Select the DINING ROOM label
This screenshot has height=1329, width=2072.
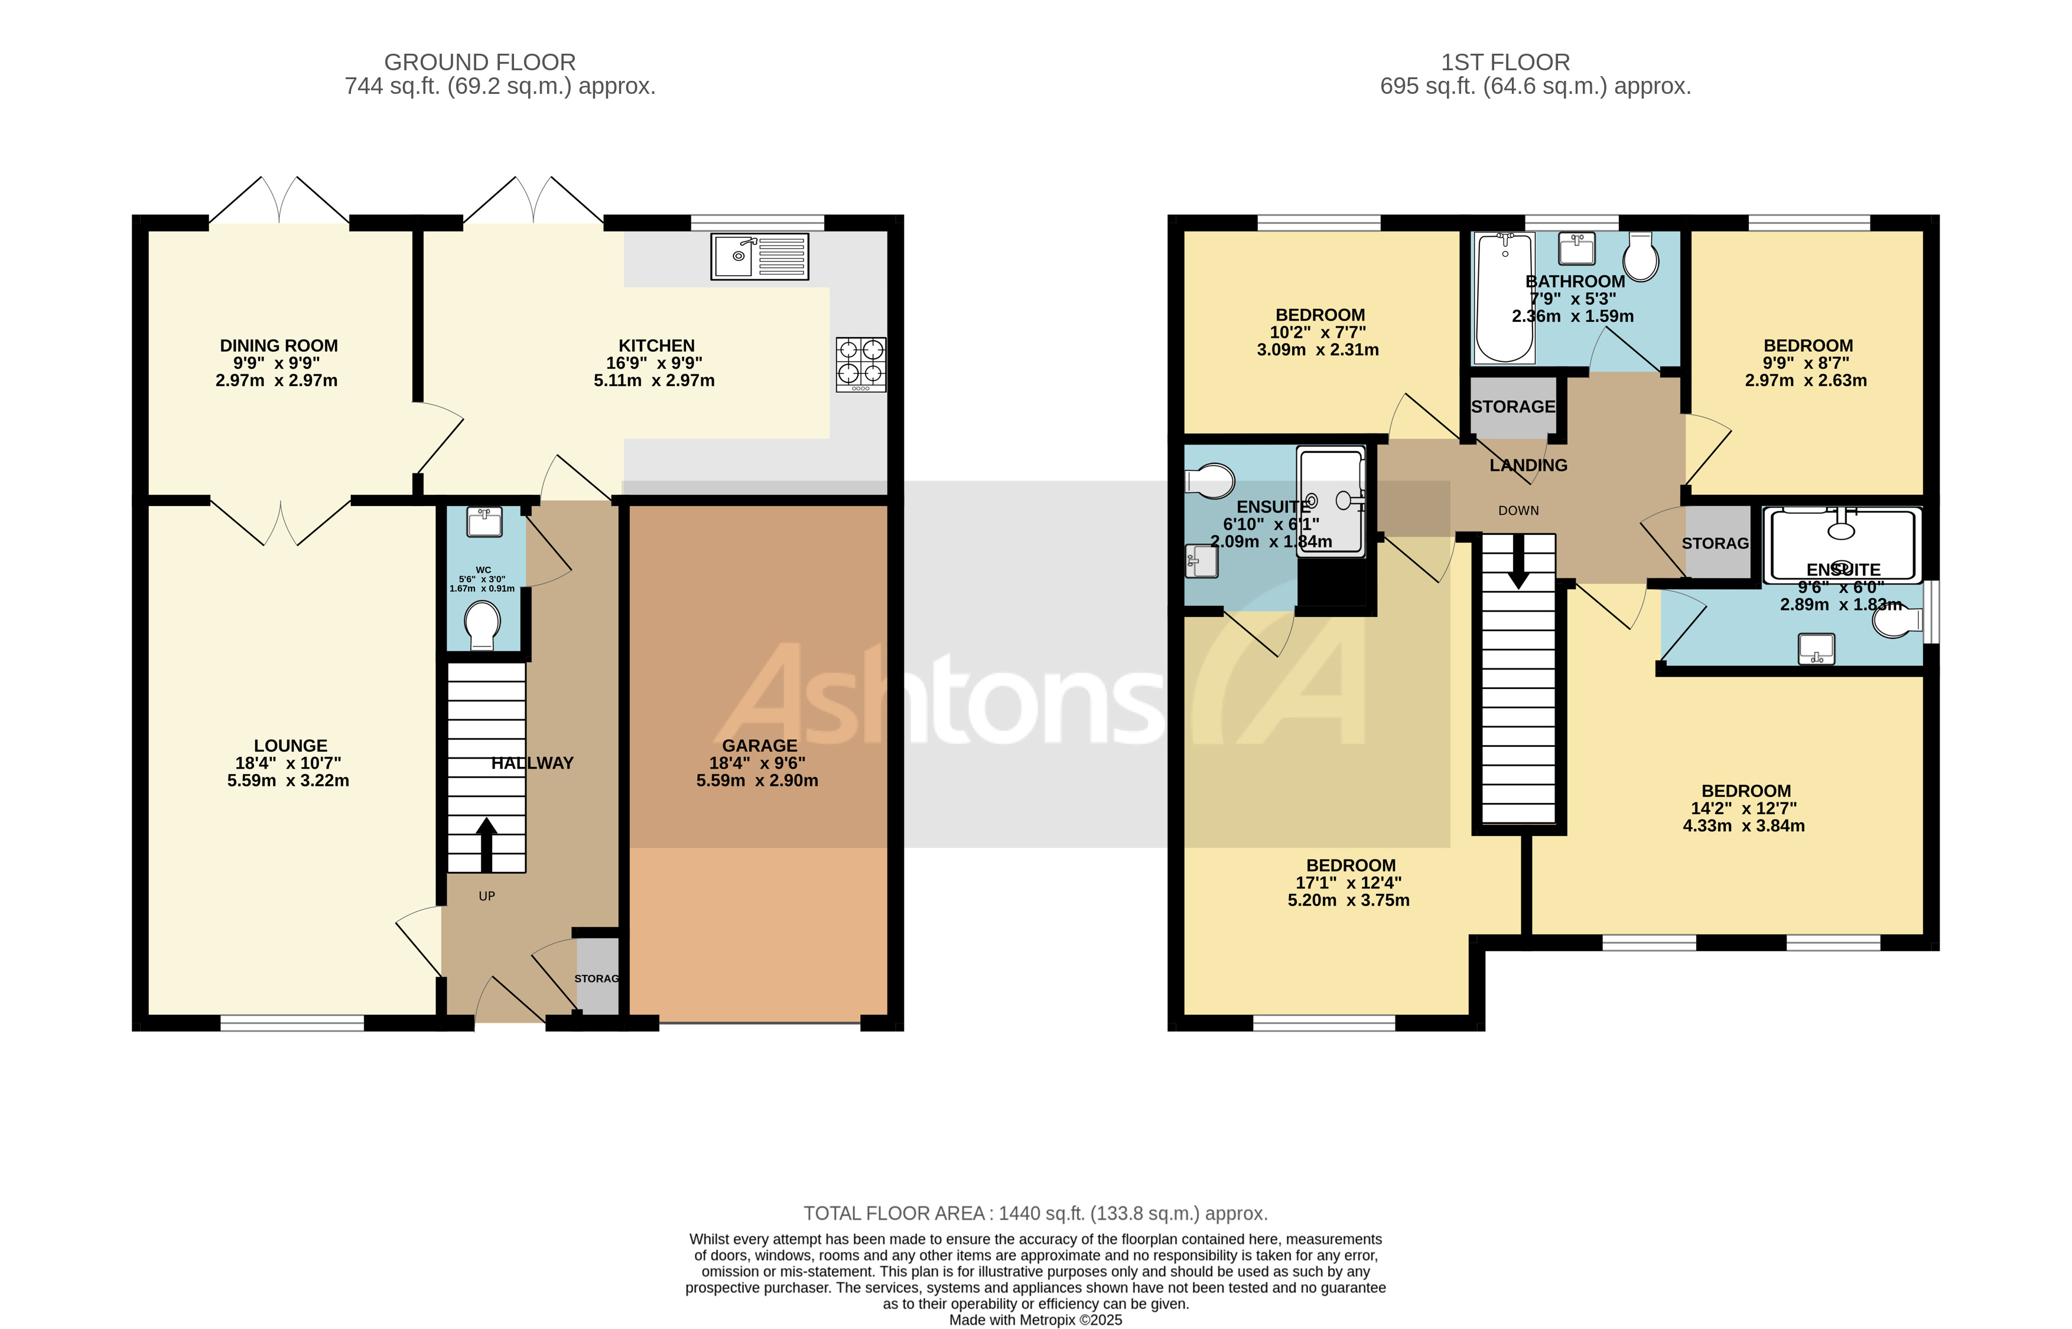[278, 346]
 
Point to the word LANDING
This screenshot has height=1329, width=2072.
[1527, 466]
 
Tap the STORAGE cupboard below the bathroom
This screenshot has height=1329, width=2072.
[1512, 406]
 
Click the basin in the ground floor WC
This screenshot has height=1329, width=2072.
[484, 521]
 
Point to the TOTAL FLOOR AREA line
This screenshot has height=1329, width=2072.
[1035, 1213]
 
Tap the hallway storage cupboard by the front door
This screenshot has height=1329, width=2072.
[597, 978]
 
